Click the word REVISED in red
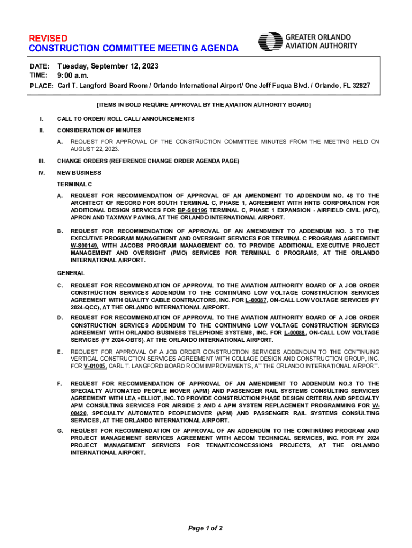(48, 39)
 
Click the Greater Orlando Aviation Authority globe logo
(270, 42)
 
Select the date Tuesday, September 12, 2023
(108, 66)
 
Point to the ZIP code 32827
(358, 86)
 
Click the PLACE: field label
(41, 86)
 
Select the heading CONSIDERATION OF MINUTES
(99, 130)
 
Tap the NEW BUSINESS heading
(79, 173)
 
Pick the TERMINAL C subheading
(74, 184)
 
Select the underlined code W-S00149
(85, 246)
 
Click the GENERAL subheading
(71, 273)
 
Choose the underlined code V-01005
(95, 366)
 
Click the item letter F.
(60, 384)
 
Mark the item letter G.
(60, 431)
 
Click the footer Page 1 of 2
(205, 529)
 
